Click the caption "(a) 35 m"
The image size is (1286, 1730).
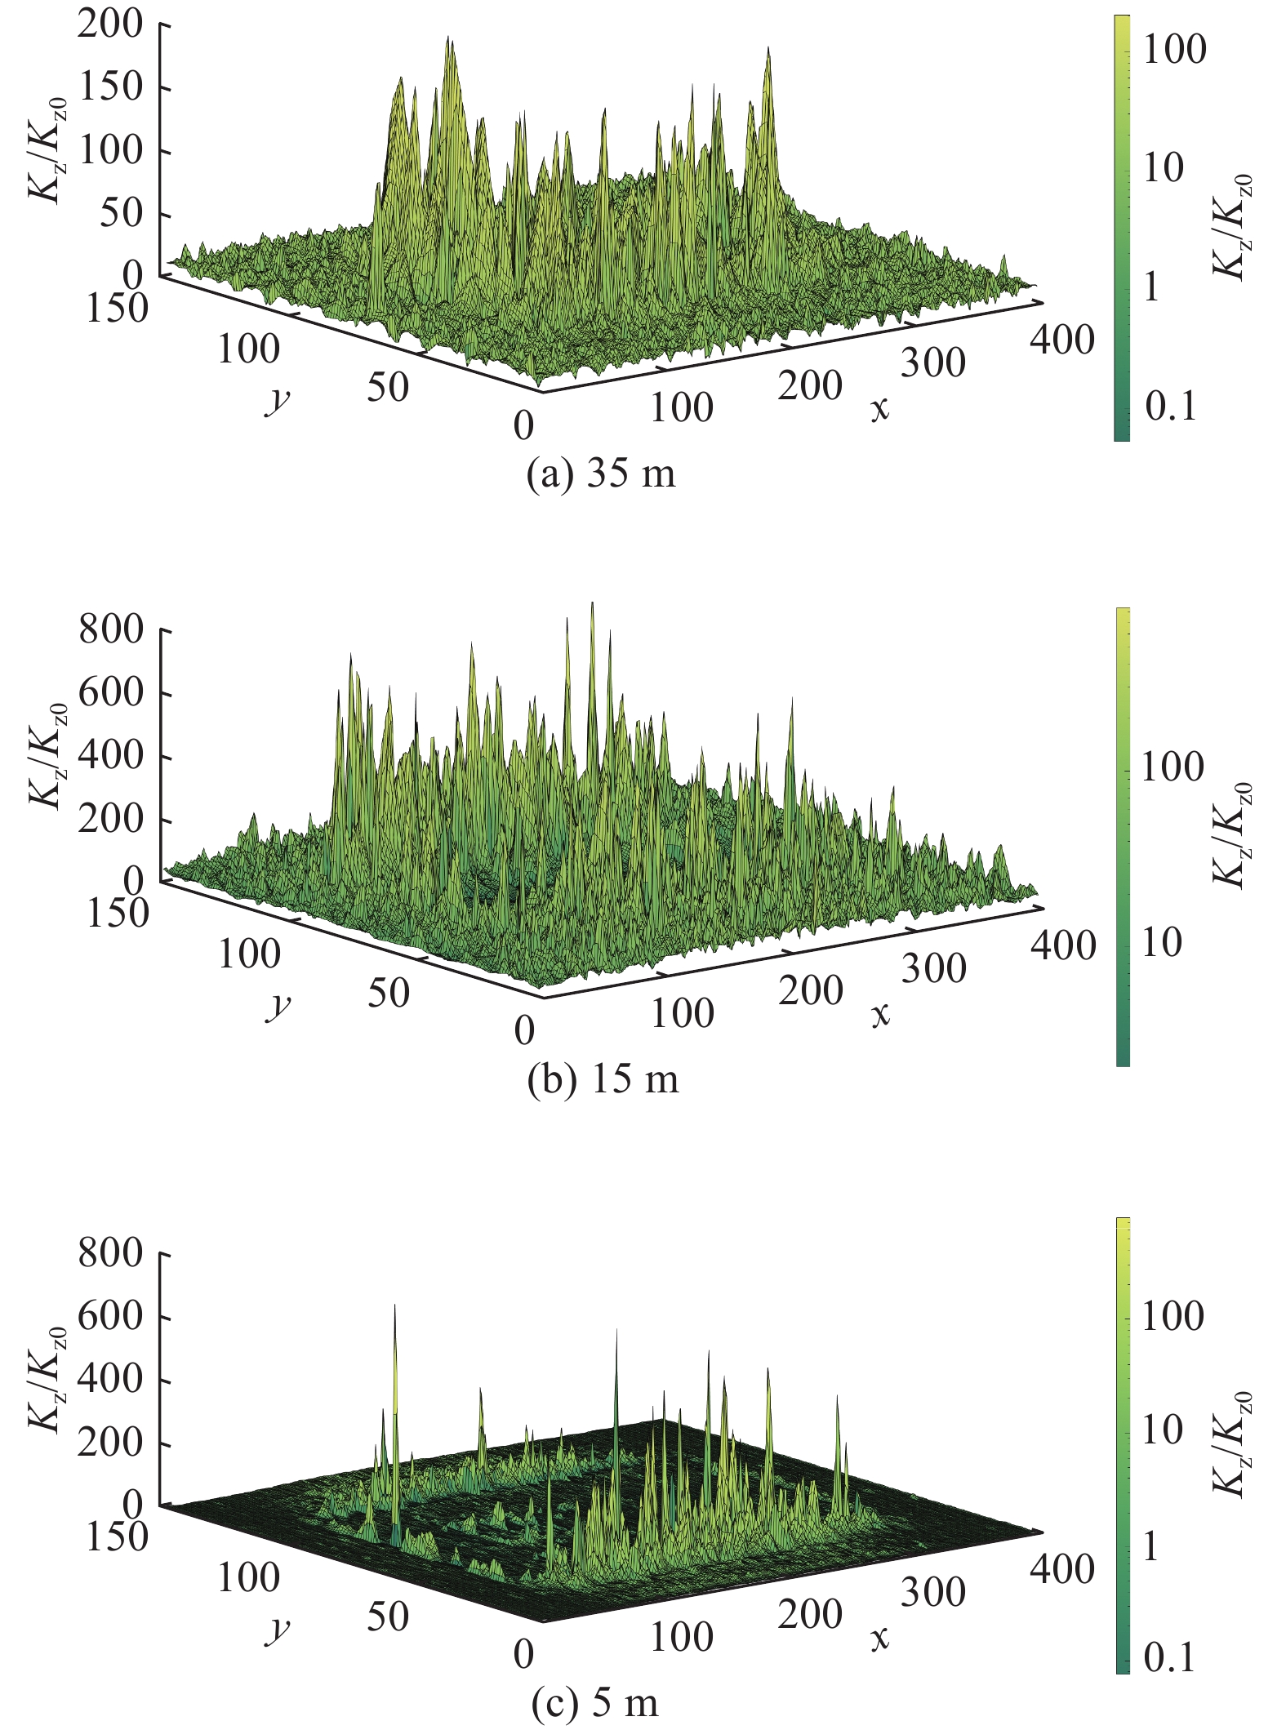click(x=602, y=474)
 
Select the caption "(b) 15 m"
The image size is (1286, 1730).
click(x=603, y=1079)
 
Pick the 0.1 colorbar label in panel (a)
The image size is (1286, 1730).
click(x=1170, y=405)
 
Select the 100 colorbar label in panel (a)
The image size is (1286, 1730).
click(x=1173, y=50)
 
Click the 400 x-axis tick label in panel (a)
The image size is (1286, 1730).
click(x=1061, y=339)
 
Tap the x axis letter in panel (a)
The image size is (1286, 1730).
click(x=879, y=408)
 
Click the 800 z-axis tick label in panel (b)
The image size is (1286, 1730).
click(x=111, y=630)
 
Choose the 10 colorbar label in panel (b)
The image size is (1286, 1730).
click(x=1161, y=943)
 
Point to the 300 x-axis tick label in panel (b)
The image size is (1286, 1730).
click(x=933, y=968)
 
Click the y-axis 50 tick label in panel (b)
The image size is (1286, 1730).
click(x=388, y=993)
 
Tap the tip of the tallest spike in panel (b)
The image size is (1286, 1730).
click(x=592, y=603)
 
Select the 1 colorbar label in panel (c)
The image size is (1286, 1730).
click(x=1150, y=1546)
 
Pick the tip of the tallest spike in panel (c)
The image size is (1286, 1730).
click(x=395, y=1305)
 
